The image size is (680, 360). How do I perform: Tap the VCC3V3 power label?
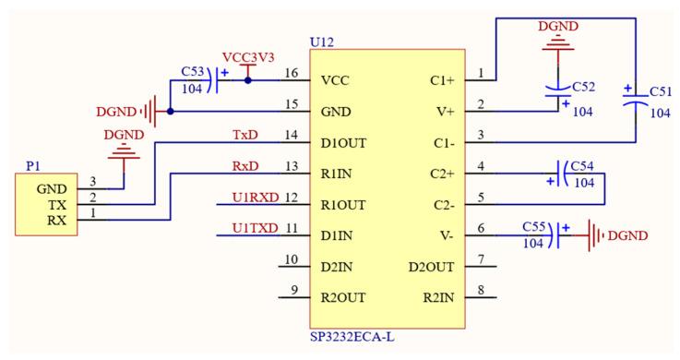247,57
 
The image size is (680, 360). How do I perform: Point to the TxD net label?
245,136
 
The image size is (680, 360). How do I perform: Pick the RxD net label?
245,167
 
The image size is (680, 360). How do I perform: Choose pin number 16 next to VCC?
292,73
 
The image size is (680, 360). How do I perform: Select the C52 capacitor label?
584,86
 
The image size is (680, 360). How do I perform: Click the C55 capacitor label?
535,227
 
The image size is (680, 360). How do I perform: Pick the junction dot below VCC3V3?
247,80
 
